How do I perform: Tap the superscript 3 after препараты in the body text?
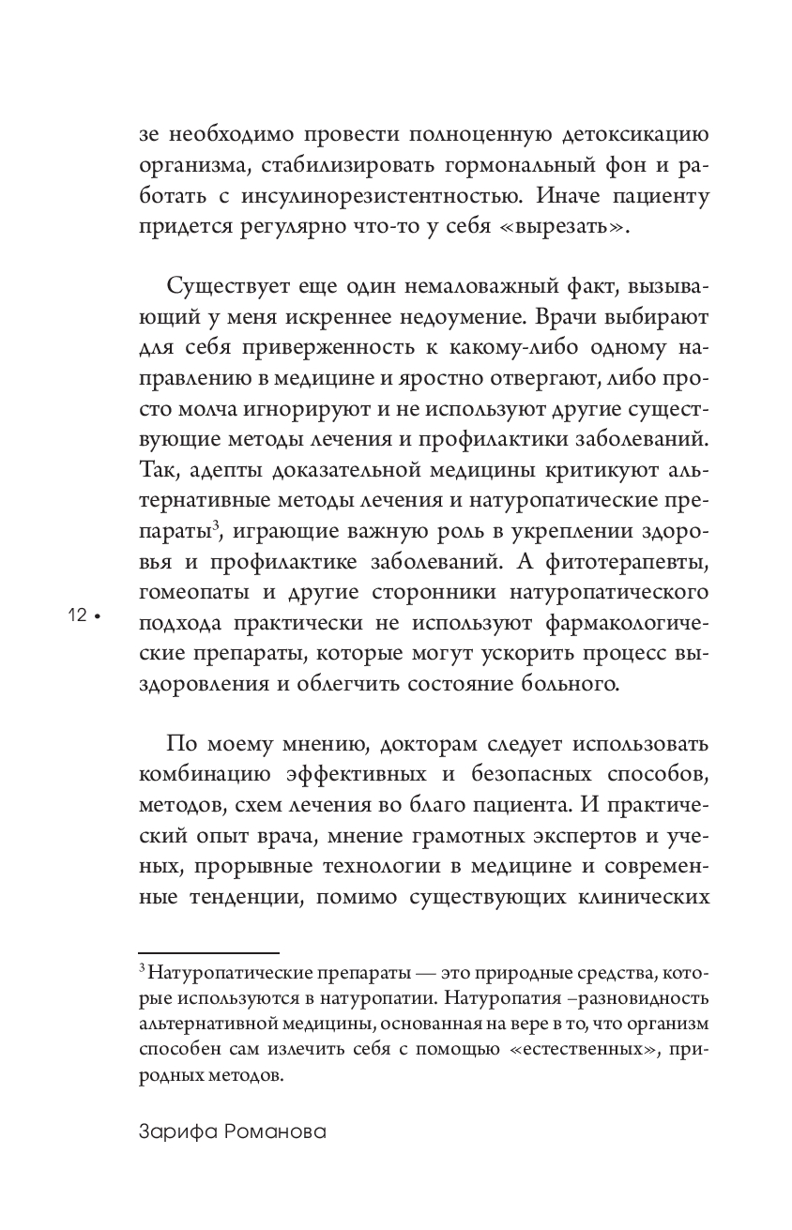click(x=216, y=525)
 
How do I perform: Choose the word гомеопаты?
click(x=189, y=592)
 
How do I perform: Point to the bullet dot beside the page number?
click(x=97, y=616)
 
